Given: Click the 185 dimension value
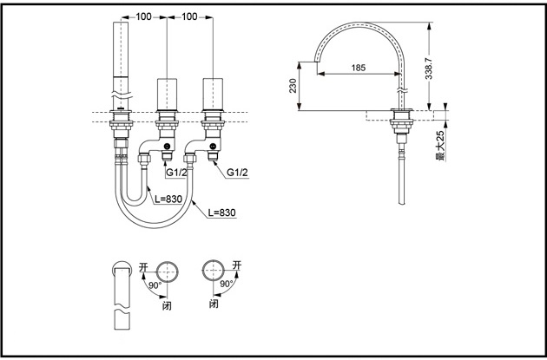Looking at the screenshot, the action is tap(359, 68).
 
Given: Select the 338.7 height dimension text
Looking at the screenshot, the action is tap(429, 69).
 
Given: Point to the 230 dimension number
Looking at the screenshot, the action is tap(293, 86).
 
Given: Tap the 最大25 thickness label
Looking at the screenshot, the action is tap(440, 146).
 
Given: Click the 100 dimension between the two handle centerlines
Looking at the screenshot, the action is tap(190, 16).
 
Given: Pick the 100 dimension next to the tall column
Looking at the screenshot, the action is tap(144, 16).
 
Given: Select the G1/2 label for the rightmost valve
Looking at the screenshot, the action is tap(237, 172).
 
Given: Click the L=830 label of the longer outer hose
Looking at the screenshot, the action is tap(221, 212).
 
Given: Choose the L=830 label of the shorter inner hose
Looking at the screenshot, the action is tap(168, 199).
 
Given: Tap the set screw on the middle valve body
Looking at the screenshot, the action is tap(168, 147).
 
